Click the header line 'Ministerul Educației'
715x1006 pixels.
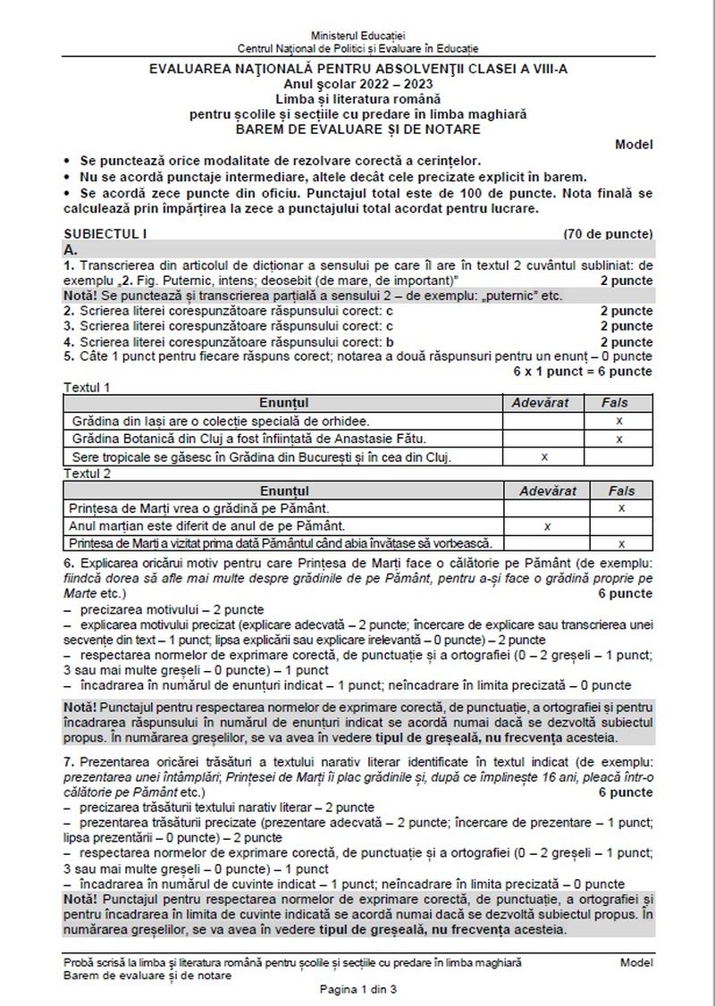pos(357,33)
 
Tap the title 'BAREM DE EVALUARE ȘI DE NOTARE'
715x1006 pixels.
pos(357,128)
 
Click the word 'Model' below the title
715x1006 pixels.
pos(634,144)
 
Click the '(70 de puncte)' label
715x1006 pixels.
pos(608,234)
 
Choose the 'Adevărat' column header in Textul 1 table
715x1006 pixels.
pos(539,403)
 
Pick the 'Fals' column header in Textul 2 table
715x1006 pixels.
pos(621,490)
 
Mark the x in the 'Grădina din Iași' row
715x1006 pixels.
pos(618,421)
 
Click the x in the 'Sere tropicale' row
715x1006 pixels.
pos(544,457)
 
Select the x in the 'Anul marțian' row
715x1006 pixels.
pos(547,526)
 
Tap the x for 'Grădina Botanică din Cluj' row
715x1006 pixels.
pos(618,439)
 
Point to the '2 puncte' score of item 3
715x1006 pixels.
pos(626,327)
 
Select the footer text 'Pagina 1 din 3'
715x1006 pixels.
pos(357,990)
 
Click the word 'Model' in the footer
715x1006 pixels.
pos(635,962)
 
